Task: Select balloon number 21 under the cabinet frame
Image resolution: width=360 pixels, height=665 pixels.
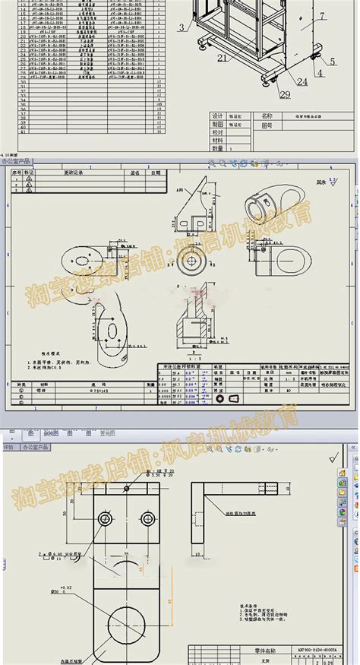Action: click(223, 57)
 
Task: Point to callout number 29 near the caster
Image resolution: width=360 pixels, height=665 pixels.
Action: click(264, 93)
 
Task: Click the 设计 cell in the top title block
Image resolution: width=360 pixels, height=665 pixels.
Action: click(218, 116)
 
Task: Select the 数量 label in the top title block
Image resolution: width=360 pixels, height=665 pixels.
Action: click(218, 149)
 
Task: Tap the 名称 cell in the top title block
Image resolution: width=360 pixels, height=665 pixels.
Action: click(267, 116)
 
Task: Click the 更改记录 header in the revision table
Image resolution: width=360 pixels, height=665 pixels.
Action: click(77, 173)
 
